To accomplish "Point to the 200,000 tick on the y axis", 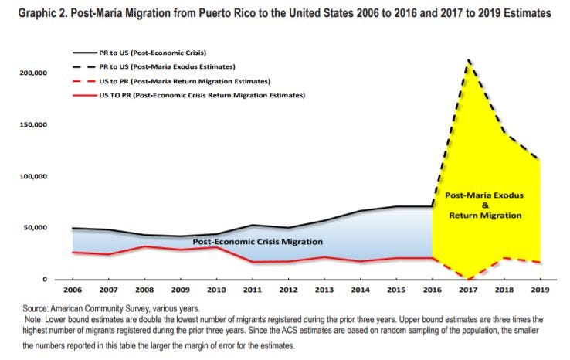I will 35,73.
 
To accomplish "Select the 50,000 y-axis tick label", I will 37,227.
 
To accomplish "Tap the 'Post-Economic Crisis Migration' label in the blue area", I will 257,242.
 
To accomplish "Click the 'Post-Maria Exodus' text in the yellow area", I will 484,195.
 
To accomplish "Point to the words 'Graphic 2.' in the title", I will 31,13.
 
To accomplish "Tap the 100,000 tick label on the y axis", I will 35,176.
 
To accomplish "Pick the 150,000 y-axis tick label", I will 35,124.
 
